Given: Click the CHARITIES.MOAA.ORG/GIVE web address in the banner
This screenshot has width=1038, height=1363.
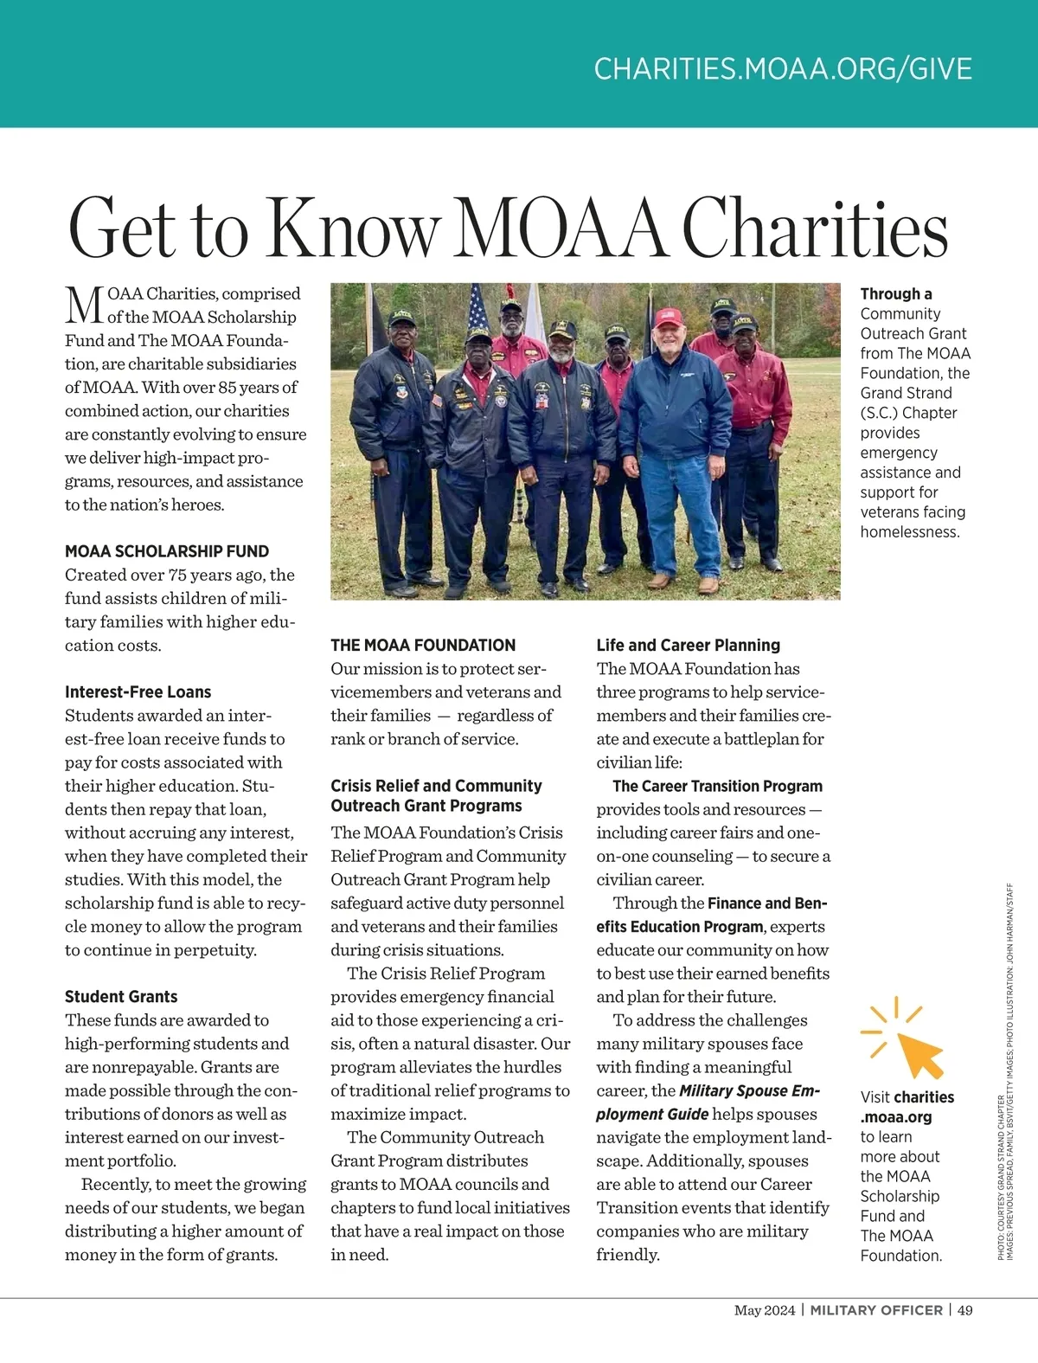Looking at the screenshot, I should tap(783, 69).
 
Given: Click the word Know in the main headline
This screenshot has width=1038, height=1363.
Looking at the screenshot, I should tap(353, 228).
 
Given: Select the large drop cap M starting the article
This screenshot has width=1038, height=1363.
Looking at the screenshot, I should tap(85, 305).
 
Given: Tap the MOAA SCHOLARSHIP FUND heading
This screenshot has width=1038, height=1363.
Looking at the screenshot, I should tap(167, 551).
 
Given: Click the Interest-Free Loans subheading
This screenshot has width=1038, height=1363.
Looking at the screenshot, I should tap(138, 692).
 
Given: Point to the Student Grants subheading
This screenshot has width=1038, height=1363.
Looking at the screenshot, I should tap(121, 997).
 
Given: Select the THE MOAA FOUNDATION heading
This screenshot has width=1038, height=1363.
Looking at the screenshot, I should tap(423, 646).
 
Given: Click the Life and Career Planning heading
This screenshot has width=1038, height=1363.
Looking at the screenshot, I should tap(688, 646).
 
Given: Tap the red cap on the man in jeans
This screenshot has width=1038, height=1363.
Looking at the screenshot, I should tap(669, 317).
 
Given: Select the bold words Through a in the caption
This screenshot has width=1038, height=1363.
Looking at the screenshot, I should tap(896, 294).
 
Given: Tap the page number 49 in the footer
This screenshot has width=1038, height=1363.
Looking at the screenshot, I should tap(964, 1310).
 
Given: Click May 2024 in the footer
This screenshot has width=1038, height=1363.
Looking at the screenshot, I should tap(764, 1310).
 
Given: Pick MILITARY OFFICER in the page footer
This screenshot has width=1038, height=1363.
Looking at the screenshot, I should tap(876, 1310).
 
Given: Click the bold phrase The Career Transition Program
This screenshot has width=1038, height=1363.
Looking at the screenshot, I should tap(717, 787).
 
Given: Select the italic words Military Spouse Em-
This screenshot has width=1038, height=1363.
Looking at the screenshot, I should tap(749, 1091).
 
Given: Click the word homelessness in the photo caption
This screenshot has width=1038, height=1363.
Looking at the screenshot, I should tap(910, 532).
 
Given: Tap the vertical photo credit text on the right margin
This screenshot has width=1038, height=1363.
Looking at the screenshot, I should tap(1005, 1073).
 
